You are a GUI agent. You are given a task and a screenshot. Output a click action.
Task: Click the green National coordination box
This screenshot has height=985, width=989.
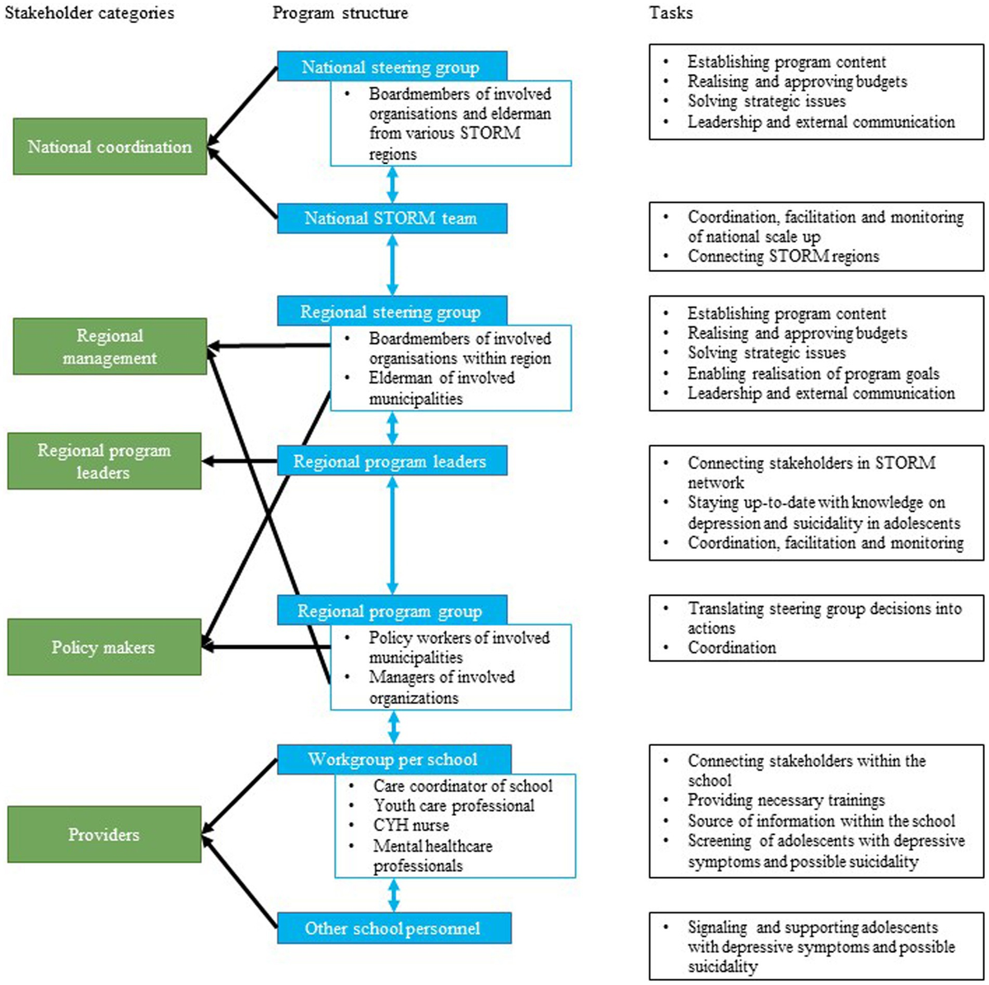point(110,147)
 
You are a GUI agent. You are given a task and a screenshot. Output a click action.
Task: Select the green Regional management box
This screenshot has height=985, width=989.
point(110,347)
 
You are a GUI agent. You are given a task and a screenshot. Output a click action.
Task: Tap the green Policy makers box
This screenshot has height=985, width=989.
point(104,647)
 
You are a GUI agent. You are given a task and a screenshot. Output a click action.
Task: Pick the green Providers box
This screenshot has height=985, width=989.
point(104,834)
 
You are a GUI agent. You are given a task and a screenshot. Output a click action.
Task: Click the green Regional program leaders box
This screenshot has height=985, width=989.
point(104,462)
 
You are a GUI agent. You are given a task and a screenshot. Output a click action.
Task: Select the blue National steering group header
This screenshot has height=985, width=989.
point(391,68)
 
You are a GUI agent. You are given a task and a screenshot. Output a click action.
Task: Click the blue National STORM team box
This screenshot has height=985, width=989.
point(391,218)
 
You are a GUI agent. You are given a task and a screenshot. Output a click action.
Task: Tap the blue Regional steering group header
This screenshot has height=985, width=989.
point(391,312)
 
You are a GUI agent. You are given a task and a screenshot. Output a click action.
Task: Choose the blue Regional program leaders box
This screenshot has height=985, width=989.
point(391,462)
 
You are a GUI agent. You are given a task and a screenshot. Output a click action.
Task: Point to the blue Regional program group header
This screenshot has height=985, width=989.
point(391,612)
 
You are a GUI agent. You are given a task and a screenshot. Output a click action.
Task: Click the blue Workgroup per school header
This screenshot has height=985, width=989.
point(393,759)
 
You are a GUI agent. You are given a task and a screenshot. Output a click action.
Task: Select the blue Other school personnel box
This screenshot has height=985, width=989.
point(393,928)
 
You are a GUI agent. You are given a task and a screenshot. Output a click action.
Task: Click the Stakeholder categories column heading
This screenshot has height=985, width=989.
point(89,13)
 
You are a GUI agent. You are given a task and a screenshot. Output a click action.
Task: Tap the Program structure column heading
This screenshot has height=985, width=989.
point(340,13)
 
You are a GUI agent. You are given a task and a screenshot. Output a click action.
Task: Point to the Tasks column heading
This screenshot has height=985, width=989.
point(671,13)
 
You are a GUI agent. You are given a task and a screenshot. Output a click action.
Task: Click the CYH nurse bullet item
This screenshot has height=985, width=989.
point(411,825)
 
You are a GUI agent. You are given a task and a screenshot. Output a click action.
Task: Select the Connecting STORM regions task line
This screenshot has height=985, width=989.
point(783,256)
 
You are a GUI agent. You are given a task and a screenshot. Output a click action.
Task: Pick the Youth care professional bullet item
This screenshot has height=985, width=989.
point(453,805)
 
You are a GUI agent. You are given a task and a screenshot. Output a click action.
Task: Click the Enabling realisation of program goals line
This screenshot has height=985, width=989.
point(813,373)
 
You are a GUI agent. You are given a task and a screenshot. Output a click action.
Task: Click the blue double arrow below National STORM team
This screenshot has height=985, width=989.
point(392,265)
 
